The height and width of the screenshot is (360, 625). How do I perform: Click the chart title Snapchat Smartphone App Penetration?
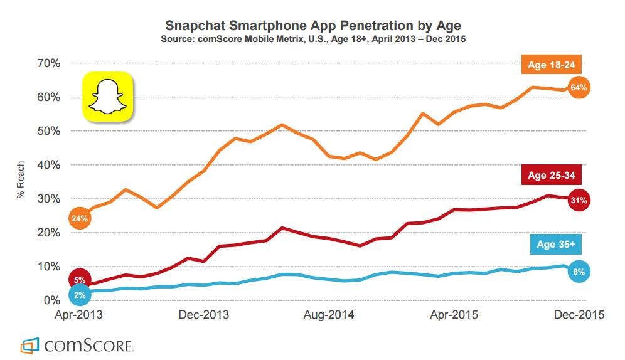pyautogui.click(x=312, y=26)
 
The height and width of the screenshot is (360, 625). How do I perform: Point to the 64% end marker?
pyautogui.click(x=579, y=88)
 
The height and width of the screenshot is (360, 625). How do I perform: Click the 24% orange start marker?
pyautogui.click(x=80, y=219)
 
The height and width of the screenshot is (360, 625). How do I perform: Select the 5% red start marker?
pyautogui.click(x=80, y=280)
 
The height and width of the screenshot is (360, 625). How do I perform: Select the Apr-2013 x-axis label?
pyautogui.click(x=79, y=315)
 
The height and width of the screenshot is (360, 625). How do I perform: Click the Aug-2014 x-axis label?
pyautogui.click(x=329, y=315)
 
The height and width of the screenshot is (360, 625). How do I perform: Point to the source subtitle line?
pyautogui.click(x=312, y=40)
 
